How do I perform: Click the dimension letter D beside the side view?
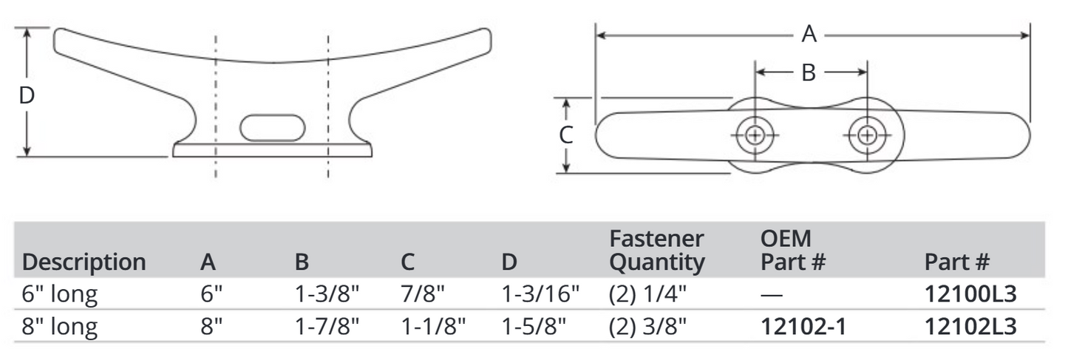coord(27,96)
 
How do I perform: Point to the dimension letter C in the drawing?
coord(565,136)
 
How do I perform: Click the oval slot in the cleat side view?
coord(273,127)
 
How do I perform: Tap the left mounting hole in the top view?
coord(755,135)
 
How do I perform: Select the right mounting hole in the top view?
coord(868,135)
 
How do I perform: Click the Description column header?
coord(84,262)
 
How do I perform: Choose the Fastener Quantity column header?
coord(657,251)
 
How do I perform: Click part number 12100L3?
coord(970,294)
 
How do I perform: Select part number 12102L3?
coord(970,325)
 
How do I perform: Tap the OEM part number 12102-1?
coord(803,325)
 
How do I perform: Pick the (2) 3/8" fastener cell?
coord(648,325)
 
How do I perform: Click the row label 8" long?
coord(60,325)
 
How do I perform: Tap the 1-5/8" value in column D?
coord(533,325)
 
